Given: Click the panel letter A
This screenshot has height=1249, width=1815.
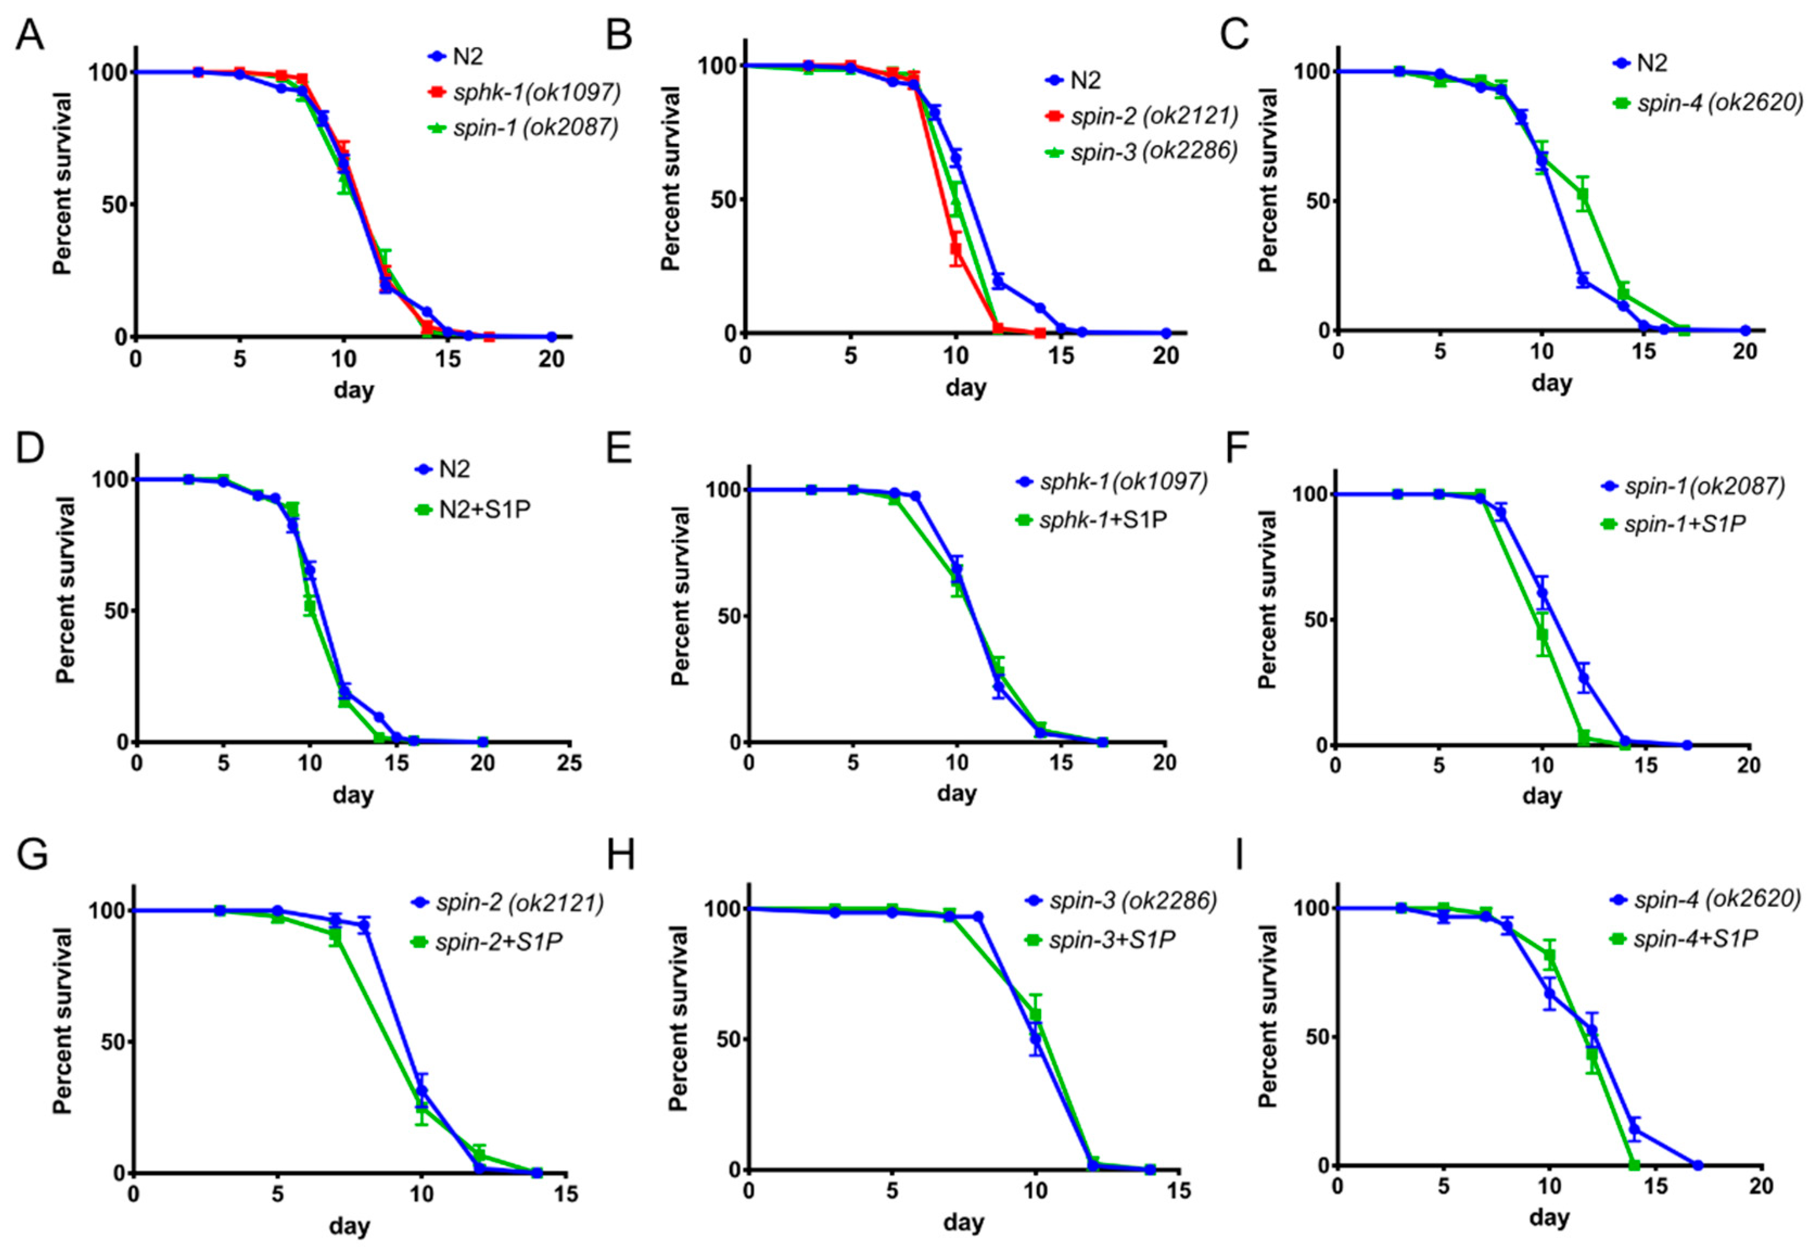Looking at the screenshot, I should coord(30,35).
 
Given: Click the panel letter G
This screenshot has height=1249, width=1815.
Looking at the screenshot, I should coord(31,856).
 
